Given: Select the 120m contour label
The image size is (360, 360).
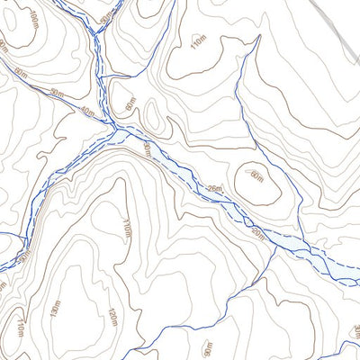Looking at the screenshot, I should pyautogui.click(x=112, y=318).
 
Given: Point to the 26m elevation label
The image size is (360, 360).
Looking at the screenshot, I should pyautogui.click(x=213, y=188).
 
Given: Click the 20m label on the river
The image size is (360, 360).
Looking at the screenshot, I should pyautogui.click(x=258, y=234).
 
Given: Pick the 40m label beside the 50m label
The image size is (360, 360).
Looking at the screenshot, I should pyautogui.click(x=86, y=112).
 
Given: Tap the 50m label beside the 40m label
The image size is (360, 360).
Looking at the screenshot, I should pyautogui.click(x=58, y=94).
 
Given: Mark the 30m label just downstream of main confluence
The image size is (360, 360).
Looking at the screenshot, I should pyautogui.click(x=147, y=148).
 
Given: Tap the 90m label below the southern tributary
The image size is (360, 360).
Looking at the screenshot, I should pyautogui.click(x=208, y=346).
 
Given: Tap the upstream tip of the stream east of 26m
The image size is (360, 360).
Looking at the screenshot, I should pyautogui.click(x=259, y=38).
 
